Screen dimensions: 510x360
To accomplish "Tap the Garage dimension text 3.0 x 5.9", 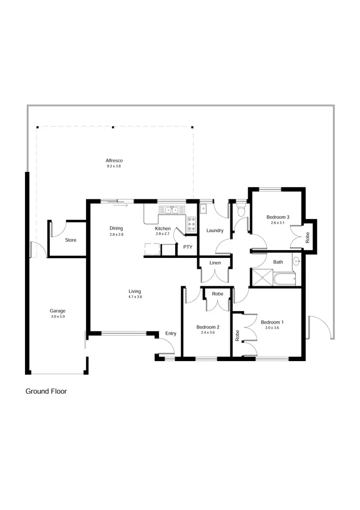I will (x=58, y=316).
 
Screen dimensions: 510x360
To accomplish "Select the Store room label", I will (x=71, y=240).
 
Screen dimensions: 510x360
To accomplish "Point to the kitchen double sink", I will (x=171, y=210).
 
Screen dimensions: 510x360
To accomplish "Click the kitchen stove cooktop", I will (x=192, y=223).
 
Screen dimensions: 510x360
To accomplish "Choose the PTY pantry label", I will (x=187, y=247).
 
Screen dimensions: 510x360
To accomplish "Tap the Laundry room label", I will (x=215, y=231).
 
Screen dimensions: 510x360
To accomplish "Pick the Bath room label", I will (x=278, y=262).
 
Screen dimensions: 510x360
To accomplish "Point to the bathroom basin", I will (x=296, y=262).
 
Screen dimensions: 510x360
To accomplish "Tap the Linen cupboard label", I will (x=215, y=263).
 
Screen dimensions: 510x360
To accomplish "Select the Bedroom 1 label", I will (x=272, y=322).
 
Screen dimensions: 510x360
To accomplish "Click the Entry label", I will (x=170, y=333).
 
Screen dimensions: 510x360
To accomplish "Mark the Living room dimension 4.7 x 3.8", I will (x=135, y=297).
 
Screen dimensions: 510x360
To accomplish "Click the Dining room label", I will (x=116, y=228).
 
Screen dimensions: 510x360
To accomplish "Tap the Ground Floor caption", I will (x=46, y=391).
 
